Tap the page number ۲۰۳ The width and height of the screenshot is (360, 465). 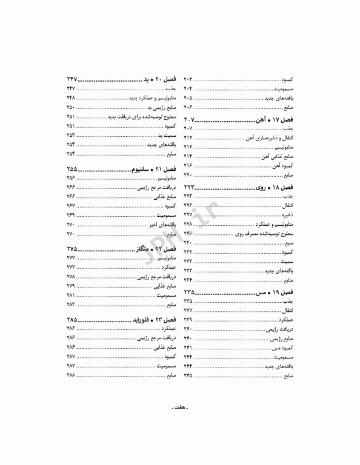(188, 80)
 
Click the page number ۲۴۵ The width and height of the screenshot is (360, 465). (188, 376)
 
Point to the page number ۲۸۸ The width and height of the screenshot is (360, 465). (71, 376)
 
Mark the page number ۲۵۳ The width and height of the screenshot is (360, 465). (71, 135)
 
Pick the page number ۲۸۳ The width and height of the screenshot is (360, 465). (71, 304)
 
